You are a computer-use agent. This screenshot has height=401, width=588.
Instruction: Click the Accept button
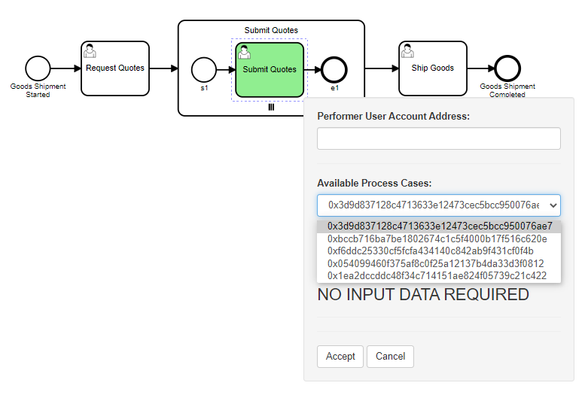click(x=340, y=356)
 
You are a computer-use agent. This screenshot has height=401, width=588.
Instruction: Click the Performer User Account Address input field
click(x=439, y=138)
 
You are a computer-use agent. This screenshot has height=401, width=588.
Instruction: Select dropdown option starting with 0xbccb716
click(x=437, y=239)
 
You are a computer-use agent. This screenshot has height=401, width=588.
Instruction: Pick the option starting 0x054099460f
click(x=436, y=263)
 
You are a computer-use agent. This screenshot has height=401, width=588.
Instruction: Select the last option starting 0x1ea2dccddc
click(x=437, y=275)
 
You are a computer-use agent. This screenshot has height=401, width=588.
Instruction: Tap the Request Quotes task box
click(x=115, y=68)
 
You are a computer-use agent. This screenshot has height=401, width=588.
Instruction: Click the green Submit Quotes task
click(x=270, y=70)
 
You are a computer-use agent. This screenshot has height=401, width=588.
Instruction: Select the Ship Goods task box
click(x=432, y=68)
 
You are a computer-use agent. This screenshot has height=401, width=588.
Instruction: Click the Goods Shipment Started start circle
click(x=38, y=68)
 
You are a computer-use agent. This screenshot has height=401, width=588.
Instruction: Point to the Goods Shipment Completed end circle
click(x=507, y=68)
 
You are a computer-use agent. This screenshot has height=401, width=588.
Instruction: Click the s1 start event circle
click(x=203, y=70)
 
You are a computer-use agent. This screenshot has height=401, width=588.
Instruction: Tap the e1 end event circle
click(x=334, y=70)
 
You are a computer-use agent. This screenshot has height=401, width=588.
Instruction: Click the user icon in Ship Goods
click(x=407, y=50)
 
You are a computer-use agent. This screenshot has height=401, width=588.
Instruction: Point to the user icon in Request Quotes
click(x=90, y=50)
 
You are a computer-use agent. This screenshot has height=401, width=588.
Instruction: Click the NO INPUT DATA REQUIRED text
click(x=423, y=295)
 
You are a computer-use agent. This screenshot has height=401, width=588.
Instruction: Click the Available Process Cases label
click(x=374, y=183)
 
